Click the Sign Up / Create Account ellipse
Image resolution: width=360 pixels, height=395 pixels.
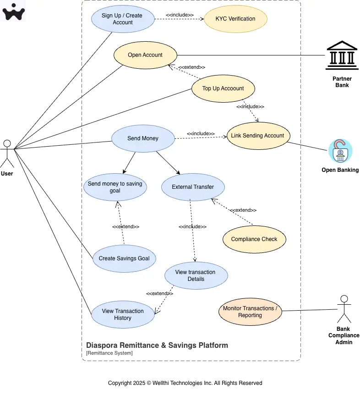click(122, 19)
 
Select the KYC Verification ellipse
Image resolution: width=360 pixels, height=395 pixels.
click(235, 19)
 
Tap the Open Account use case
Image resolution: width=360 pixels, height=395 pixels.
click(145, 55)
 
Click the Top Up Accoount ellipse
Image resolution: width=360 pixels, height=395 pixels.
click(223, 88)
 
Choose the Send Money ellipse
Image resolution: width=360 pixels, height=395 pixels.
click(143, 138)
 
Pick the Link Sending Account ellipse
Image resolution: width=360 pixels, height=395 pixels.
click(257, 136)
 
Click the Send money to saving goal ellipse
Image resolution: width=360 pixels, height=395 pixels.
click(115, 187)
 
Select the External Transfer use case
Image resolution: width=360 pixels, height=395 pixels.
click(193, 187)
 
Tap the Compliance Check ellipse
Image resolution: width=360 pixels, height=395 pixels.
click(254, 239)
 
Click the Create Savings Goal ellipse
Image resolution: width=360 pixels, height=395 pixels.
click(124, 258)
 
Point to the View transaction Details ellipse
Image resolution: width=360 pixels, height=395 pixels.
click(196, 275)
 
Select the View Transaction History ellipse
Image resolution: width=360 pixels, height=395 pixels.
click(123, 314)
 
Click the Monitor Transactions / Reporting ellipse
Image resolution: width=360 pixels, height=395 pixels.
click(250, 312)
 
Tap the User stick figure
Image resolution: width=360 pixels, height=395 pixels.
click(7, 154)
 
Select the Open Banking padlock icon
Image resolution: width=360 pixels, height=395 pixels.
click(340, 151)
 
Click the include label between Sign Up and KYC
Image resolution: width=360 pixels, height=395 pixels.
click(179, 15)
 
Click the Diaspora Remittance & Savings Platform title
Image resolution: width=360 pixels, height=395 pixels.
click(157, 345)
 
